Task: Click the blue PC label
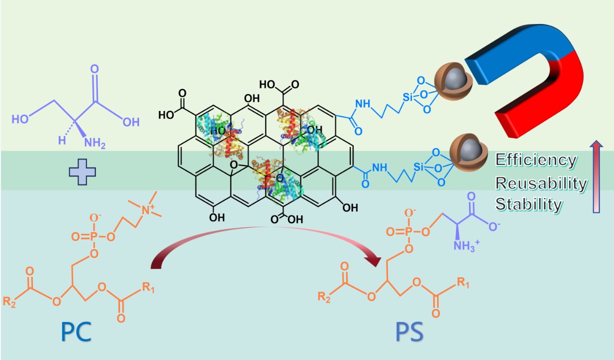pos(76,331)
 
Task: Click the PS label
pos(408,331)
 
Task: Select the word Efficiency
pos(535,160)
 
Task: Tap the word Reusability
pos(541,183)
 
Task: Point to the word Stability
pos(528,204)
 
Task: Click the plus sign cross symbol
pos(82,171)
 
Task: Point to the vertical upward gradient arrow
pos(595,177)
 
